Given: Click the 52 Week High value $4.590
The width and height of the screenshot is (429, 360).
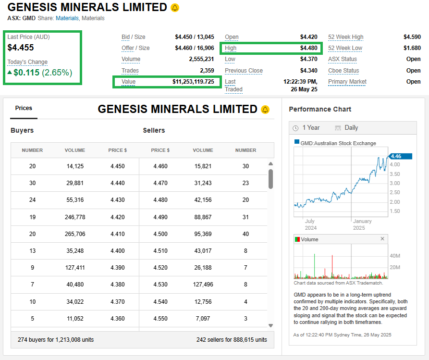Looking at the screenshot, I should [x=412, y=37].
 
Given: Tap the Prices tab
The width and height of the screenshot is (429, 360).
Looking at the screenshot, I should [x=24, y=108].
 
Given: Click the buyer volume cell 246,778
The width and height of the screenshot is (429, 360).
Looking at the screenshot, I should [x=74, y=217].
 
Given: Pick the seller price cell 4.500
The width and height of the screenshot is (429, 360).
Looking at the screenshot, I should [x=160, y=234].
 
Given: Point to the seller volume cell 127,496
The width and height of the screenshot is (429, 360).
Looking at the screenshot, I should [x=203, y=285].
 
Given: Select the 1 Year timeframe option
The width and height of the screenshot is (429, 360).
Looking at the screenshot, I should [x=310, y=128].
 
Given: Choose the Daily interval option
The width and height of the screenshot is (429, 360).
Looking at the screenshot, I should [x=351, y=128].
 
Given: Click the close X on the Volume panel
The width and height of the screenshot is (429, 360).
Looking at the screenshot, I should [x=382, y=239].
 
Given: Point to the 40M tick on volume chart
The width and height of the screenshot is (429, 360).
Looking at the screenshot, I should [x=395, y=256].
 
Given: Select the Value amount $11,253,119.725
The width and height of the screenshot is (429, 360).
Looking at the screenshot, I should [x=193, y=82].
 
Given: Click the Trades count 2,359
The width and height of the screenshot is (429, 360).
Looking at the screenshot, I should [x=205, y=71].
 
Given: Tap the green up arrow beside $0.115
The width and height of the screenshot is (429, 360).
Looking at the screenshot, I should [x=10, y=73].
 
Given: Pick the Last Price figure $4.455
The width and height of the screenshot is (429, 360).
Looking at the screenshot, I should [x=21, y=47].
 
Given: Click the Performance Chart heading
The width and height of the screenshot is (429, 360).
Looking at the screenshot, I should [x=319, y=109].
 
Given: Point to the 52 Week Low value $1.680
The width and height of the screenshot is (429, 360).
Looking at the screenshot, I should [x=412, y=48].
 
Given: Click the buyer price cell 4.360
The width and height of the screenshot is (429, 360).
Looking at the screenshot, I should [x=117, y=318].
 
